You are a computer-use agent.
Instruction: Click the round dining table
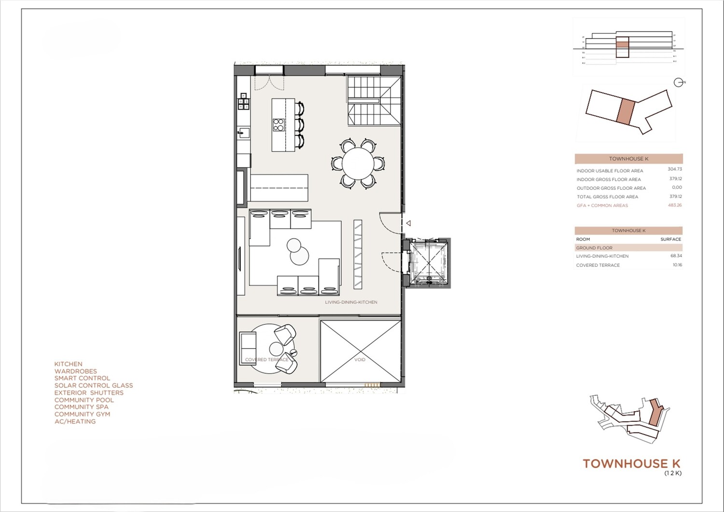[x=358, y=164]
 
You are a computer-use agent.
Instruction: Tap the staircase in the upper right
[x=375, y=101]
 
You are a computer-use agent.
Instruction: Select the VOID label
[x=360, y=360]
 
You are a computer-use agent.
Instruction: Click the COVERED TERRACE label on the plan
[x=266, y=360]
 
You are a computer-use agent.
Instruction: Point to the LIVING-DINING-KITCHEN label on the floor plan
[x=351, y=302]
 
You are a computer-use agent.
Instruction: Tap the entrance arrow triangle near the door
[x=408, y=223]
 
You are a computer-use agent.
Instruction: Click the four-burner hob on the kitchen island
[x=278, y=125]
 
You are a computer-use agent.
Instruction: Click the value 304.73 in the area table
[x=675, y=169]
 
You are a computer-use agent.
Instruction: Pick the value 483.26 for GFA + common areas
[x=675, y=205]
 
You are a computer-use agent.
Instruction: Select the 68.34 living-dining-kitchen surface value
[x=676, y=256]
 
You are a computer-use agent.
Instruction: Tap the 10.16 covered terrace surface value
[x=677, y=265]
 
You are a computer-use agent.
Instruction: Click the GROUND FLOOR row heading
[x=594, y=248]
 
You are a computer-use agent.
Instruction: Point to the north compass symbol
[x=679, y=83]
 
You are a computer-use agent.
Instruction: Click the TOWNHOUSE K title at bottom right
[x=631, y=464]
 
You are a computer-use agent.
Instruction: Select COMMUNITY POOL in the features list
[x=84, y=400]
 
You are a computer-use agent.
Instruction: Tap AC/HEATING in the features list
[x=75, y=421]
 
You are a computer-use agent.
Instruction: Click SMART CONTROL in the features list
[x=82, y=378]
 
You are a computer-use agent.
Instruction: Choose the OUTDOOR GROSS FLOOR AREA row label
[x=611, y=188]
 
